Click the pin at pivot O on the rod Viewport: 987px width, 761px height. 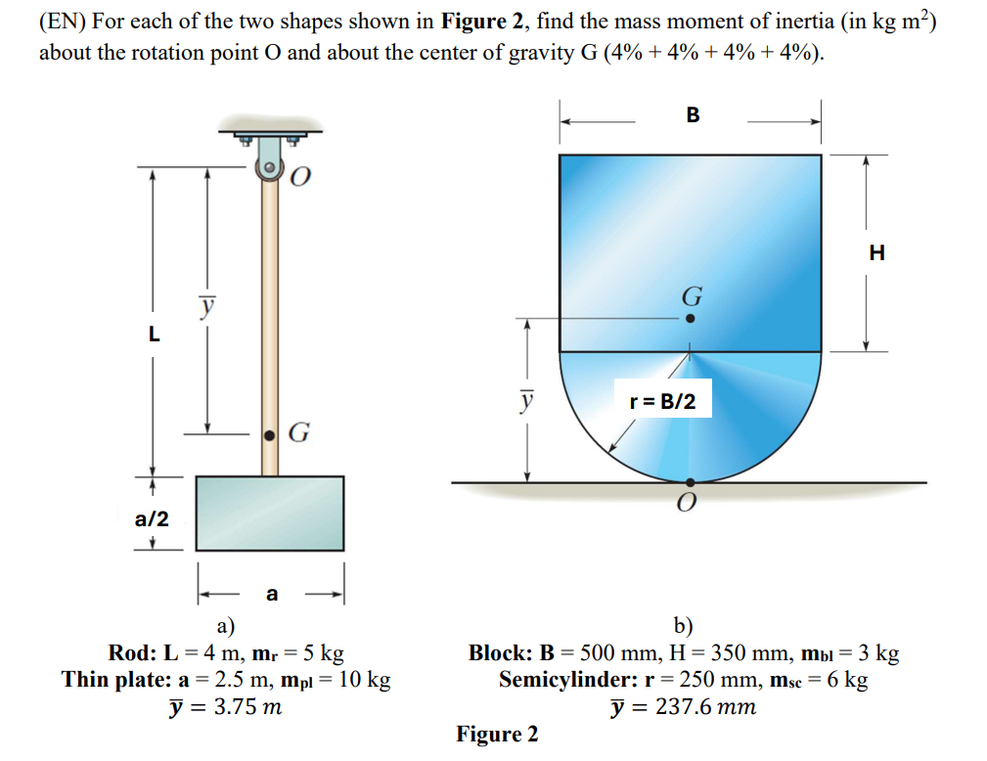click(268, 167)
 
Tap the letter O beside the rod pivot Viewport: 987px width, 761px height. click(301, 176)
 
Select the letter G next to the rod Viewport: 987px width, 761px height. click(300, 432)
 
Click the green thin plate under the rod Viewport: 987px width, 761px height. click(270, 514)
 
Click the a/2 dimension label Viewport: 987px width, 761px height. click(152, 518)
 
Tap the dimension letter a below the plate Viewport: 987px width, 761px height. click(272, 593)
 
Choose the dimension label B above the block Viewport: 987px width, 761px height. click(693, 115)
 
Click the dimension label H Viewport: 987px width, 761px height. click(876, 252)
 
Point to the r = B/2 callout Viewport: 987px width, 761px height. click(662, 400)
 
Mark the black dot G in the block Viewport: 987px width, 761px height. click(691, 318)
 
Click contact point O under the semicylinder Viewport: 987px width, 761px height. click(691, 482)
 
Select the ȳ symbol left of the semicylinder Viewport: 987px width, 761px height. click(527, 400)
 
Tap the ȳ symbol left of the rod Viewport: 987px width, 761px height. click(205, 306)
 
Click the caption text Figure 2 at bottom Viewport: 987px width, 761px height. click(497, 734)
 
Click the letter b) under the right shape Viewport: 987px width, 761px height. click(683, 627)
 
